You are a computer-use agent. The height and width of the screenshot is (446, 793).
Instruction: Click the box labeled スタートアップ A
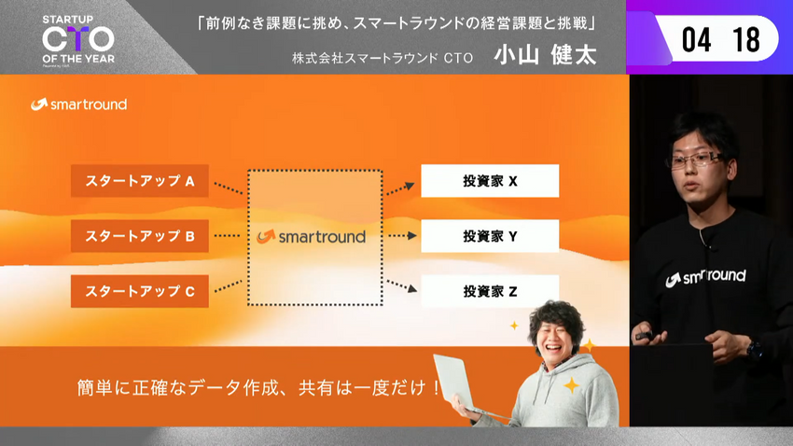[x=140, y=180]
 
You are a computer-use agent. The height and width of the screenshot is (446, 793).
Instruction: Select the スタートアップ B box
[x=140, y=236]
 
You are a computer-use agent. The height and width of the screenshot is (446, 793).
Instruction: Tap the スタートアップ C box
[x=140, y=291]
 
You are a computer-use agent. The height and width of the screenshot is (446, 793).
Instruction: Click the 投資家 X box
[x=490, y=180]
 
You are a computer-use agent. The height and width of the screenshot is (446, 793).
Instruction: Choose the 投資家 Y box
[x=490, y=236]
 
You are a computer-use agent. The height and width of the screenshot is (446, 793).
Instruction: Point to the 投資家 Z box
[x=490, y=291]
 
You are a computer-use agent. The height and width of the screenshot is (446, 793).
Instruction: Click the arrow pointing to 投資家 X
[x=400, y=188]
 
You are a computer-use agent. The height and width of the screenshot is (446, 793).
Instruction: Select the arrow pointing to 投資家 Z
[x=401, y=286]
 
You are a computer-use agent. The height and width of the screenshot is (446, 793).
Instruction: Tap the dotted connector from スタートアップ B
[x=227, y=236]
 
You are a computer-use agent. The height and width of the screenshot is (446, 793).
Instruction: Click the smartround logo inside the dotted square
[x=311, y=236]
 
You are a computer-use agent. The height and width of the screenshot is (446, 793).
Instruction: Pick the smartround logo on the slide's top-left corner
[x=79, y=105]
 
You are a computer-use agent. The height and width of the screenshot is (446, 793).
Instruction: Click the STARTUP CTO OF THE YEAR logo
[x=78, y=40]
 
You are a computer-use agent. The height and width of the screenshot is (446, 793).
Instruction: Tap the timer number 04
[x=696, y=39]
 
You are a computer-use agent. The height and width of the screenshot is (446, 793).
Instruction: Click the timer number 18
[x=746, y=39]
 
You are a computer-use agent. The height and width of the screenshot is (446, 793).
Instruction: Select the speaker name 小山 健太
[x=545, y=55]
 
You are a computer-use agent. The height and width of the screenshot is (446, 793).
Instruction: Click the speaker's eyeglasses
[x=696, y=160]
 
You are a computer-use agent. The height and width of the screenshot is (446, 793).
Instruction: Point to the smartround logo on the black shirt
[x=705, y=277]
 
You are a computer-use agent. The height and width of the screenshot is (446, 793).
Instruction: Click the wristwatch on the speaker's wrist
[x=754, y=350]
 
